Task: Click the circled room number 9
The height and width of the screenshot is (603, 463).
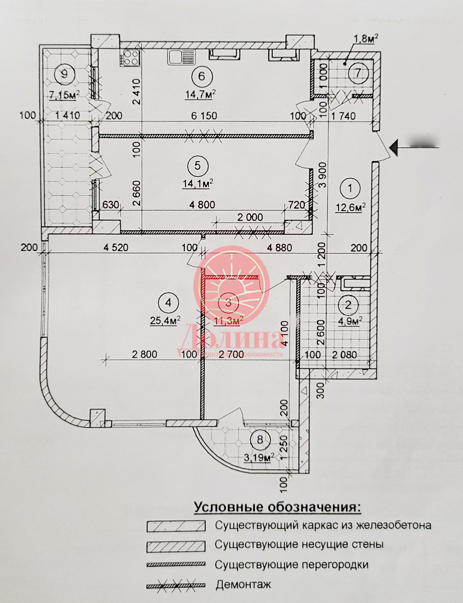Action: (x=64, y=74)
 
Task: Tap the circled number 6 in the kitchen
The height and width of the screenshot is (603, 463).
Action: (x=201, y=76)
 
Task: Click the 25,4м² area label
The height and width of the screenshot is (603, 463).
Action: (x=165, y=320)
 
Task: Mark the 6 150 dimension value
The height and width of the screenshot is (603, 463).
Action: (x=204, y=116)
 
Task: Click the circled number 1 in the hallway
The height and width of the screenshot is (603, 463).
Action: (x=350, y=189)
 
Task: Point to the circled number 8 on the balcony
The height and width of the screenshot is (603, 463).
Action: (x=260, y=440)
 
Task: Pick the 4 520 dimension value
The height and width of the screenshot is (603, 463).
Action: (x=116, y=248)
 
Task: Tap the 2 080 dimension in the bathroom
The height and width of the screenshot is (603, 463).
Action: (x=344, y=355)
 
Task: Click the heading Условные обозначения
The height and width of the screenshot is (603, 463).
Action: (x=277, y=507)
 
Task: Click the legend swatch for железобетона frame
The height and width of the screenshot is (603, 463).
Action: (x=176, y=526)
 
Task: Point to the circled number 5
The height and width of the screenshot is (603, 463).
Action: (x=198, y=166)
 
